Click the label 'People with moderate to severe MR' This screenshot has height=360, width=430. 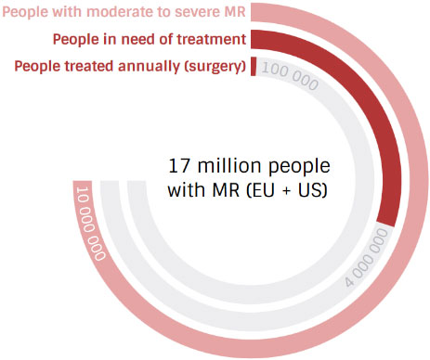(123, 12)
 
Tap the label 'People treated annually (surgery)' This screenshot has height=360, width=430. (130, 67)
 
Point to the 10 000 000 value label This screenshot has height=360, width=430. (90, 224)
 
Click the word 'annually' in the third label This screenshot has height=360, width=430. (148, 67)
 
